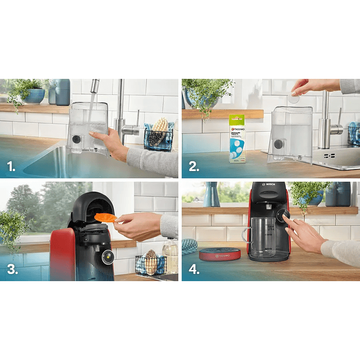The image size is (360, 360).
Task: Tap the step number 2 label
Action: tap(193, 166)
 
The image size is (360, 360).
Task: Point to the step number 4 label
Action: tap(194, 270)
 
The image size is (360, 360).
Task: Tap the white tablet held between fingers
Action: tap(294, 98)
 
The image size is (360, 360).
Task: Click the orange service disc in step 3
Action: tap(105, 217)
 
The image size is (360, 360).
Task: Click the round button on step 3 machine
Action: tap(108, 257)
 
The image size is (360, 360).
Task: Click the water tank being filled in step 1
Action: tap(88, 128)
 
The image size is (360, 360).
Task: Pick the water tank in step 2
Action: tap(290, 134)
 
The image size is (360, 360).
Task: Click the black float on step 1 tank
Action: tap(76, 139)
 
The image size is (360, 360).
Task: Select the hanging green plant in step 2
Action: tap(205, 95)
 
